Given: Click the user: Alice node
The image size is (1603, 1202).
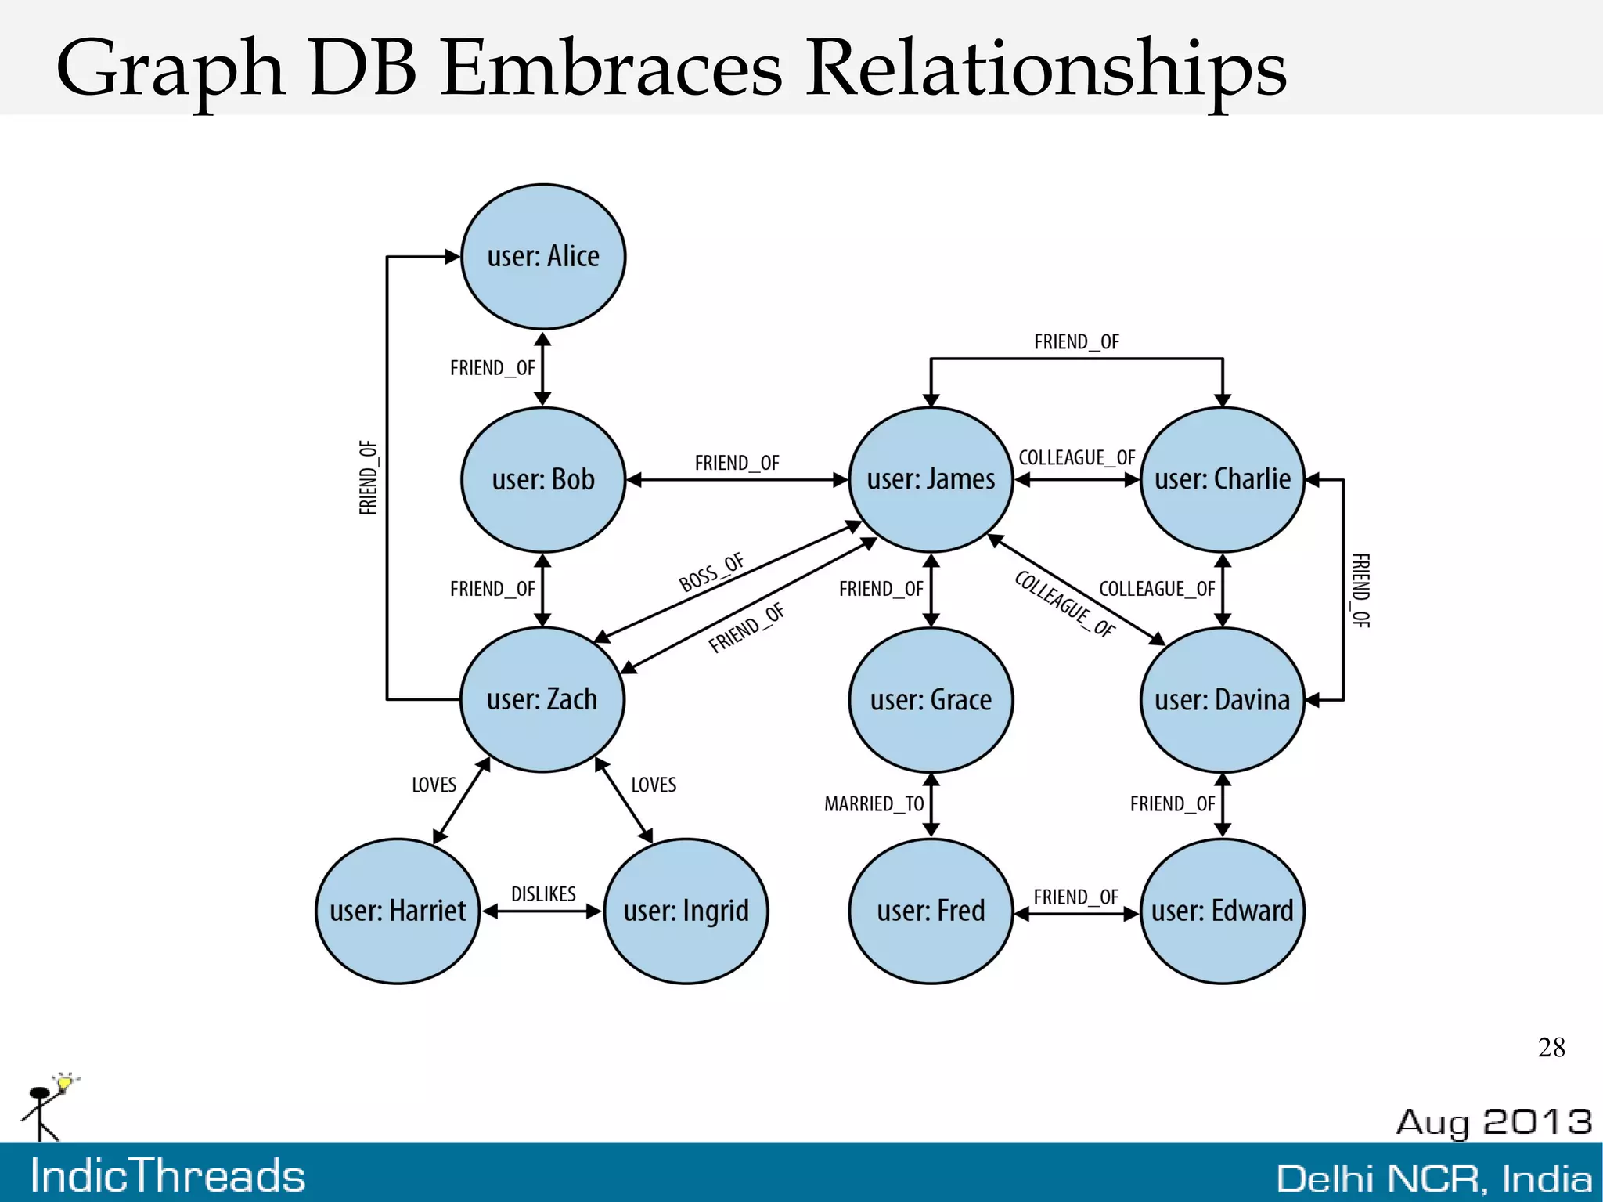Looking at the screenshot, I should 543,257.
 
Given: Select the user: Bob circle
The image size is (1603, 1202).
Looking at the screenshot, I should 543,479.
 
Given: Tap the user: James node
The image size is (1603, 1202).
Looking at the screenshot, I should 931,479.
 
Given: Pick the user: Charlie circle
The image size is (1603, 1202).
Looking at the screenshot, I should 1223,479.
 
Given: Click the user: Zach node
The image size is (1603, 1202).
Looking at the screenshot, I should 542,699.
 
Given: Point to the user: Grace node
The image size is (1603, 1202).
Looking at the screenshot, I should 931,699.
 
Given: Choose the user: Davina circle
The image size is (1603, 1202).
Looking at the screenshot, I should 1223,699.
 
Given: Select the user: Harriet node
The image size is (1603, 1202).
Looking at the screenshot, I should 398,911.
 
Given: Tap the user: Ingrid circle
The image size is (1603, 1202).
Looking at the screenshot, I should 686,911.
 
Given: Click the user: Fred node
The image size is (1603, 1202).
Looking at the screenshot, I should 931,911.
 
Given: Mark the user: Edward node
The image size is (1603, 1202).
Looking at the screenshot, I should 1223,911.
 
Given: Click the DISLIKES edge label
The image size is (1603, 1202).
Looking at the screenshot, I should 543,893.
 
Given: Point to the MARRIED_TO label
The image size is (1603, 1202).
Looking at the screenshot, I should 874,804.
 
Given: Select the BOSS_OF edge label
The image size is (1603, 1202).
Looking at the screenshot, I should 711,572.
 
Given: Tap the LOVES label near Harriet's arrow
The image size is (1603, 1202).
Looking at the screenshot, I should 434,785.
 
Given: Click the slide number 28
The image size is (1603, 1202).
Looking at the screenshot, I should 1551,1048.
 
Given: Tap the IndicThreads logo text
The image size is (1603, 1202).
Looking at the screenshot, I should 168,1176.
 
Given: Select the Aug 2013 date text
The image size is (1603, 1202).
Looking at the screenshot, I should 1493,1121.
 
